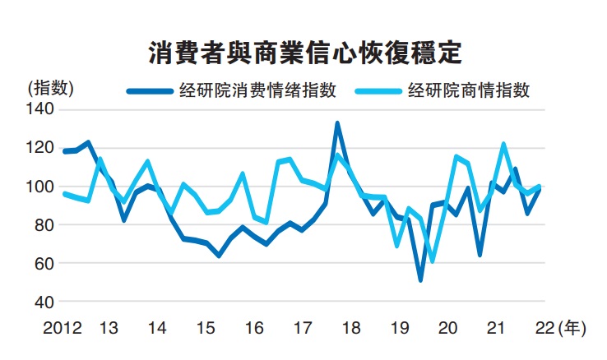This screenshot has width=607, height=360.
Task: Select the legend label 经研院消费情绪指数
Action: click(x=257, y=90)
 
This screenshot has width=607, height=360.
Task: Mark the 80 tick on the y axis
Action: click(x=44, y=224)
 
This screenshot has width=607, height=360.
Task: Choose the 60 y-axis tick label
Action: click(x=44, y=263)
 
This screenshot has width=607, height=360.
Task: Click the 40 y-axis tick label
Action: click(x=44, y=302)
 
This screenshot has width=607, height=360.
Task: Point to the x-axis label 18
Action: click(x=351, y=328)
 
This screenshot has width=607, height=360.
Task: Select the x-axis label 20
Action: click(x=448, y=328)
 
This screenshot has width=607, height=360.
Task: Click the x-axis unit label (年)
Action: click(x=571, y=328)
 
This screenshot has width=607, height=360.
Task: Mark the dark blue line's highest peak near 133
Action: click(x=337, y=123)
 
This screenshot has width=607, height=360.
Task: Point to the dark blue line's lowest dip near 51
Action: click(x=421, y=280)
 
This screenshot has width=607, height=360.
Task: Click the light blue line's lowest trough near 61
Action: click(x=432, y=261)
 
